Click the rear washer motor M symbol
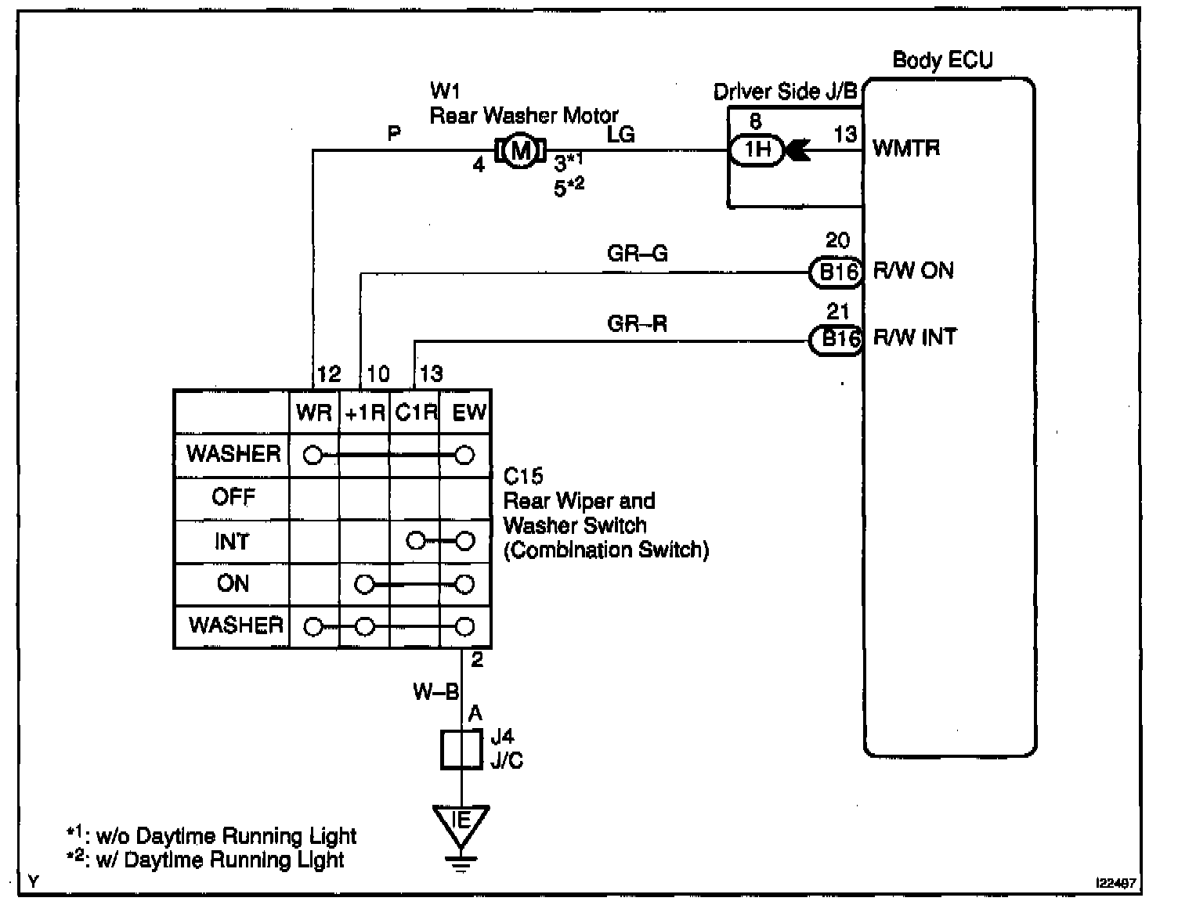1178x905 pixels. (520, 151)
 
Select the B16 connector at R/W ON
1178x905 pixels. (836, 272)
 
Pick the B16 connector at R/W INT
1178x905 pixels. (836, 340)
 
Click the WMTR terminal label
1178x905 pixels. (905, 149)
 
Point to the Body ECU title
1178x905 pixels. (942, 60)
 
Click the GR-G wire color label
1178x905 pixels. (637, 254)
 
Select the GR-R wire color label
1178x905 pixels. (637, 323)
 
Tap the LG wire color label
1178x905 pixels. (620, 135)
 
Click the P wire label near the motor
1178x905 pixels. (395, 135)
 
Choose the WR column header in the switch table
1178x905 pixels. (314, 413)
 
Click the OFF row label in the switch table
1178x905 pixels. (233, 497)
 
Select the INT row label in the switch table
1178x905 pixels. (232, 542)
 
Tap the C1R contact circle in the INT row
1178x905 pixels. (416, 541)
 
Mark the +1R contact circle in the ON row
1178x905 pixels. (364, 584)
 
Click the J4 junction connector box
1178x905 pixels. (461, 750)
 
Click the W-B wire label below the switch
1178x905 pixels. (435, 692)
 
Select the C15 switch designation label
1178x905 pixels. (522, 476)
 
